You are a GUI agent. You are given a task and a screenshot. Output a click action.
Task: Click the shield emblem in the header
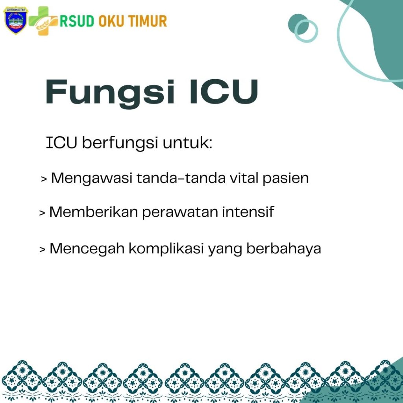point(16,20)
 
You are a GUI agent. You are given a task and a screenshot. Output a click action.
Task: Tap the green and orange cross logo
point(43,21)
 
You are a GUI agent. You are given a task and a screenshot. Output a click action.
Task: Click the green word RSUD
point(77,21)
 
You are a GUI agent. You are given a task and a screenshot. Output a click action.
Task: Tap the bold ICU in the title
point(224,92)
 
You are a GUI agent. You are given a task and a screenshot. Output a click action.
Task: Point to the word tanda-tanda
point(181,178)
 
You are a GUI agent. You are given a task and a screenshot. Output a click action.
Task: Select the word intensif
point(248,212)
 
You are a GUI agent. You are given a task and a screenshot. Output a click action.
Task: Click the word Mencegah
point(87,249)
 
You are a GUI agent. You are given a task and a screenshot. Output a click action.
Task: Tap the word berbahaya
point(283,249)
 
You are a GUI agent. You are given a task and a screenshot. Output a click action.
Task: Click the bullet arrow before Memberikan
point(42,213)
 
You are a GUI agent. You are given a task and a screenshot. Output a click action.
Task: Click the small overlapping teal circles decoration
point(303,28)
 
